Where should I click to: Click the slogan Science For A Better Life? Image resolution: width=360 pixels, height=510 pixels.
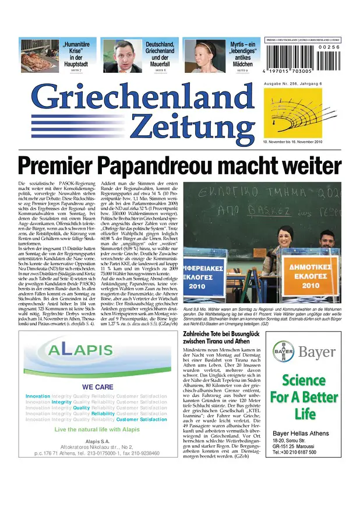tap(305, 397)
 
